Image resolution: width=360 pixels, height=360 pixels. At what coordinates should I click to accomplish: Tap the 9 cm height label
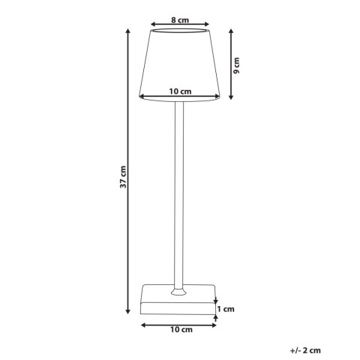click(x=236, y=64)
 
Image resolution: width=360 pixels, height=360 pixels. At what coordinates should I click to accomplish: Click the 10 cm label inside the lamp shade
click(x=179, y=91)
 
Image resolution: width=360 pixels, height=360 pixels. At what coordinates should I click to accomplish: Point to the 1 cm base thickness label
click(x=226, y=308)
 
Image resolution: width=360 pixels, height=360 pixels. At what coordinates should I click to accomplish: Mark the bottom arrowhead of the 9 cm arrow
click(x=229, y=97)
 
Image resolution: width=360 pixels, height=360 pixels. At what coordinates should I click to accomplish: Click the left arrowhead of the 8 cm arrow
click(x=153, y=22)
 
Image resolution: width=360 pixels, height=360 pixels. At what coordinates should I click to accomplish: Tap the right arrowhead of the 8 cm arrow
click(x=207, y=22)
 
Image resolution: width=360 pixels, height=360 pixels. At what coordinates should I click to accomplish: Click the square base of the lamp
click(x=179, y=304)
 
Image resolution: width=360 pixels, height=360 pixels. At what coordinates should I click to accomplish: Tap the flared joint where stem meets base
click(x=179, y=289)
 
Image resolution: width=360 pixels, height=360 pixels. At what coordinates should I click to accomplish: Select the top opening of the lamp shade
click(x=179, y=31)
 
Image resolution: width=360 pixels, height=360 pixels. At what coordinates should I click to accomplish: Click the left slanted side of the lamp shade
click(x=146, y=64)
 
